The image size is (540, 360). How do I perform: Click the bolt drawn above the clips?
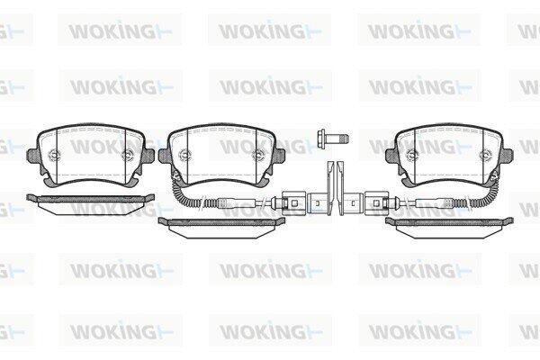click(333, 138)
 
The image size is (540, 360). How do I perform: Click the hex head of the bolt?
click(321, 138)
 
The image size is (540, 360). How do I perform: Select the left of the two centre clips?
click(330, 188)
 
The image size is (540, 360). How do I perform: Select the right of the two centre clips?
click(341, 188)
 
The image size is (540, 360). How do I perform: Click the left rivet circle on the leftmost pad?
click(55, 155)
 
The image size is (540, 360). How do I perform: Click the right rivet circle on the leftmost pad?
click(127, 155)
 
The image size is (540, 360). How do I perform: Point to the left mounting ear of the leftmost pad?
click(31, 156)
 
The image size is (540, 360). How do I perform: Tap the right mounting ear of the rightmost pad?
click(508, 156)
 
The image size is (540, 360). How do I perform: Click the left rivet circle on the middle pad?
click(185, 155)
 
